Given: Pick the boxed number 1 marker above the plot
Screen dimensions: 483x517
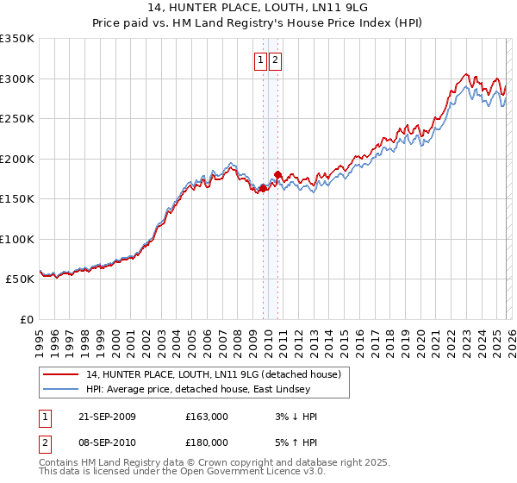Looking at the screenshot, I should click(x=261, y=60).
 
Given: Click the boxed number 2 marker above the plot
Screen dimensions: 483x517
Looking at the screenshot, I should click(x=275, y=60).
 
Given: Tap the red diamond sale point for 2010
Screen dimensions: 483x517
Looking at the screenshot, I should click(x=277, y=175).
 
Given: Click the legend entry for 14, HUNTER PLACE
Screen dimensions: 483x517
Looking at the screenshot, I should click(x=214, y=374).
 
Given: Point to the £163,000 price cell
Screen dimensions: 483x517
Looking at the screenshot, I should click(x=207, y=417).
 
